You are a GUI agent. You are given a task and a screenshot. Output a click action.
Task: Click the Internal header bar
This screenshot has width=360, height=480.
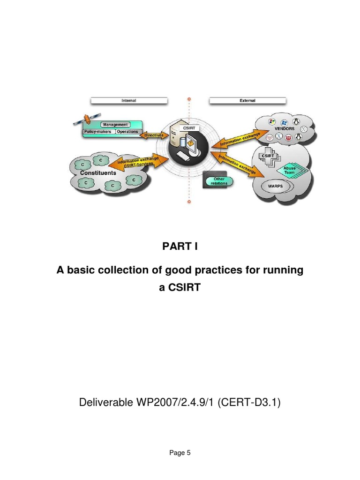[129, 100]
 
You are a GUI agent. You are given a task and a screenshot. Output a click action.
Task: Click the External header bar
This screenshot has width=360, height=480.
[247, 100]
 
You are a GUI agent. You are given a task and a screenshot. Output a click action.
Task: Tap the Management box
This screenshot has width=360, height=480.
[115, 125]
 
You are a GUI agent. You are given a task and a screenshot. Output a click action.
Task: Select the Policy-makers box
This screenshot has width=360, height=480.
[98, 132]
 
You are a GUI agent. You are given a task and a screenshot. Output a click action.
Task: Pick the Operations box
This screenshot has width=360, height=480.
[127, 132]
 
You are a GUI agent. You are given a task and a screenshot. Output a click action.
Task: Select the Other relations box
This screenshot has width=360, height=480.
[219, 181]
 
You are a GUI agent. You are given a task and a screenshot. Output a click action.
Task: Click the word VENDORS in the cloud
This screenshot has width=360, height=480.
[285, 128]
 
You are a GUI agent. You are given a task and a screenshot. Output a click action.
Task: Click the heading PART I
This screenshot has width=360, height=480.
[180, 247]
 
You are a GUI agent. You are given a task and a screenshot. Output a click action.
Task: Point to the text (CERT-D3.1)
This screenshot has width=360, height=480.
[253, 402]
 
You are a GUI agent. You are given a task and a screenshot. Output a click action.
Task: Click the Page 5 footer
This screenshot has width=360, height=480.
[180, 453]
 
